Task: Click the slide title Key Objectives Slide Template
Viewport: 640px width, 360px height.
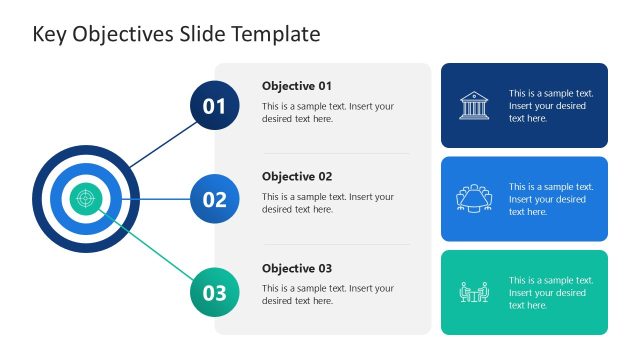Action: tap(176, 34)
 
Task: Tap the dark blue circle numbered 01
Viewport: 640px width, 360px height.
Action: tap(214, 106)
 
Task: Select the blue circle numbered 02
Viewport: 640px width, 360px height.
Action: tap(214, 199)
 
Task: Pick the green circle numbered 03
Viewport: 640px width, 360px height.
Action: tap(214, 293)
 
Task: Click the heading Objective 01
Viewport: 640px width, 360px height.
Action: tap(297, 86)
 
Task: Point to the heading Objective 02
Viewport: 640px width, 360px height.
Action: tap(297, 177)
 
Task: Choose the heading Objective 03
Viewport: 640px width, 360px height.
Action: tap(297, 268)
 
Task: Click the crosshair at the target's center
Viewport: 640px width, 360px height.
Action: tap(85, 198)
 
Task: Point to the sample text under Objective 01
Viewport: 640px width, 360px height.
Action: tap(328, 112)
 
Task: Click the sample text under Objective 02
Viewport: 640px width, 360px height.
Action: tap(328, 203)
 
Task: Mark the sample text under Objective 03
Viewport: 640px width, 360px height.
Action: tap(328, 294)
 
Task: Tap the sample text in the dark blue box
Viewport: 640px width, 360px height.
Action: tap(551, 106)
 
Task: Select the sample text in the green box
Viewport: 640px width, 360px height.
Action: tap(551, 293)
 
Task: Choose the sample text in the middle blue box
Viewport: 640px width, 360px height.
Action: tap(551, 199)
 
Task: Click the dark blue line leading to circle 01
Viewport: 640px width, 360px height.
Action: tap(160, 144)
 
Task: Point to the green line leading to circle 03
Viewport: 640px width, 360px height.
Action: tap(150, 249)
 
